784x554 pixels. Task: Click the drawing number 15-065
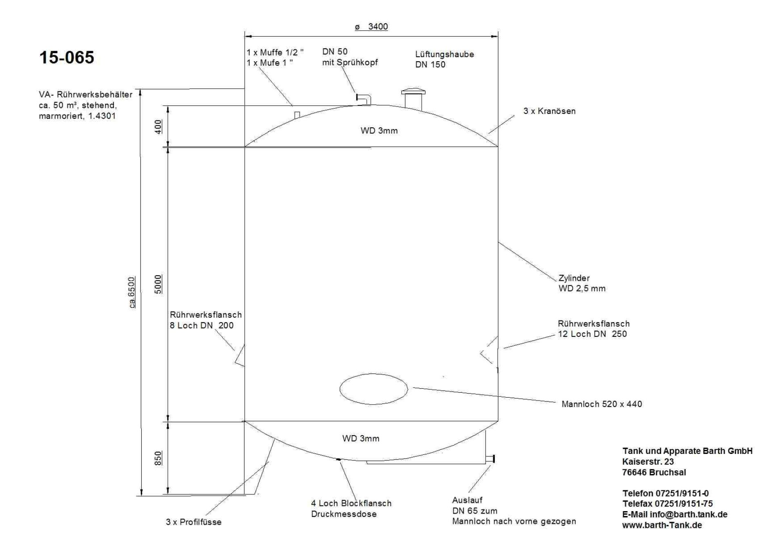[67, 58]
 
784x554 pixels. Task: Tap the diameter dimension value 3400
[377, 27]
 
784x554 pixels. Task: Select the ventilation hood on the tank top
[413, 98]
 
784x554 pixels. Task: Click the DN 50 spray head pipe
[363, 98]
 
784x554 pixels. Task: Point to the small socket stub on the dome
[297, 115]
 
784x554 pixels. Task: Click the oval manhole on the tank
[373, 389]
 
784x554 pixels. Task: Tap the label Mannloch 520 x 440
[601, 404]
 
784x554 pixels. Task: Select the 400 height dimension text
[158, 126]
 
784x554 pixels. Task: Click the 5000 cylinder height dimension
[158, 284]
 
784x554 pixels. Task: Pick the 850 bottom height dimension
[158, 458]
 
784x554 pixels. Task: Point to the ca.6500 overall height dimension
[132, 292]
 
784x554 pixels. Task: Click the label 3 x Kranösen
[549, 111]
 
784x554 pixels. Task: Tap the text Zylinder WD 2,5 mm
[581, 283]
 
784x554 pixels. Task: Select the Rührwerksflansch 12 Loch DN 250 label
[593, 329]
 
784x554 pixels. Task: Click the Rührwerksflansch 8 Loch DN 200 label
[205, 320]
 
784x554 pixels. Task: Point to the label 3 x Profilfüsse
[194, 522]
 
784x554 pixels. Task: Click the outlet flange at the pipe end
[494, 458]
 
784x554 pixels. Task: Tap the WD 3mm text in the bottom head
[361, 439]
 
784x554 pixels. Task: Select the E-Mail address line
[675, 514]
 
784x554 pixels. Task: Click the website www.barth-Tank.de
[661, 525]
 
